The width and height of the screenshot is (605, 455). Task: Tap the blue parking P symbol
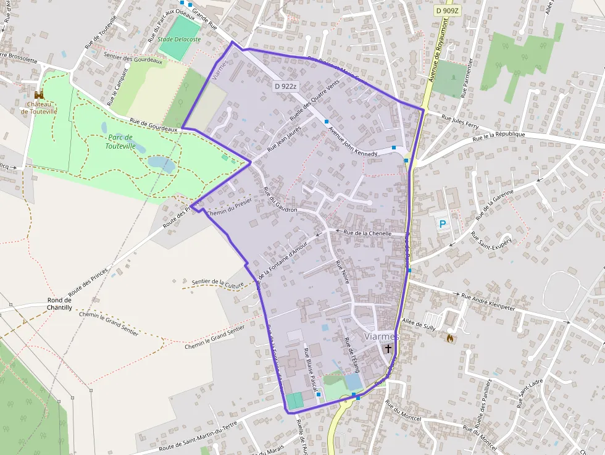[x=443, y=224]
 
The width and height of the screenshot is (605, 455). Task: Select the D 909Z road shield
[x=447, y=10]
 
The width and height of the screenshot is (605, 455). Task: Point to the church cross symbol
[x=388, y=349]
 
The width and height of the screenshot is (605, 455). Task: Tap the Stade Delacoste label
[x=179, y=39]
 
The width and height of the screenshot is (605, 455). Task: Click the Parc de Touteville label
[x=120, y=141]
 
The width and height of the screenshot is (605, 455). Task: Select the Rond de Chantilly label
[x=60, y=303]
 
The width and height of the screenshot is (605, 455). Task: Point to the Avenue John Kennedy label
[x=353, y=142]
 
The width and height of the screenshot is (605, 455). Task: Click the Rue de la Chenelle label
[x=368, y=233]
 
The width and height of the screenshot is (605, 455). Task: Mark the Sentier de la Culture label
[x=218, y=283]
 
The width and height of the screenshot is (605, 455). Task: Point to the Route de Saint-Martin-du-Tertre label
[x=198, y=438]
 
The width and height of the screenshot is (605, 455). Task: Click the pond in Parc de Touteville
[x=161, y=164]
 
